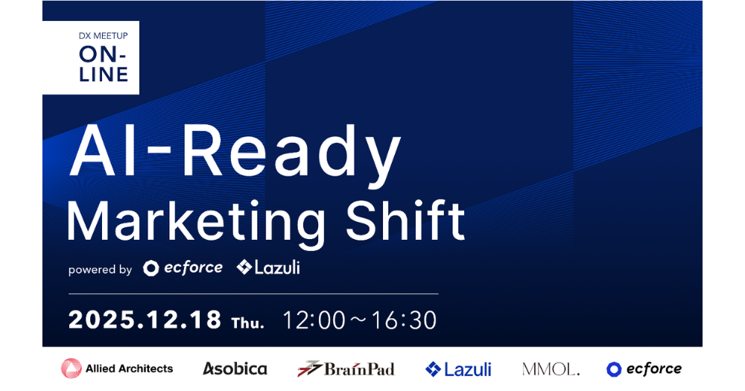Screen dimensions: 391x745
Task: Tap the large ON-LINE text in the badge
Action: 104,64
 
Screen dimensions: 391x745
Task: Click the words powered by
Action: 100,270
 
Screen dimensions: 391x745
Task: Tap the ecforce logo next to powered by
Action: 183,267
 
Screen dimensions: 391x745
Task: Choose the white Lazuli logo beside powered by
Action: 268,267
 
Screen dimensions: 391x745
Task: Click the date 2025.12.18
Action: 145,320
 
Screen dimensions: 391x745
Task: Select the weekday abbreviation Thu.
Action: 248,322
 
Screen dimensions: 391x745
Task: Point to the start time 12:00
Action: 314,320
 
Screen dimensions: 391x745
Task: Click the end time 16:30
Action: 405,320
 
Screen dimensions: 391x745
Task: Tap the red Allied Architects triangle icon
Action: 72,369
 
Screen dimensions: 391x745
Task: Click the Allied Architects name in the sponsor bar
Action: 129,369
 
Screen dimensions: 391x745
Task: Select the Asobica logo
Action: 235,369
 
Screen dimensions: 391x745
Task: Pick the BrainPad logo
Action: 346,369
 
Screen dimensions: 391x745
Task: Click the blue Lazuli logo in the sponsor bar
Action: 458,369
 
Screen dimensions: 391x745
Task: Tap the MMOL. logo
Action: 551,369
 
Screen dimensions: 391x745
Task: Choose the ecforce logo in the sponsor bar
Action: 644,369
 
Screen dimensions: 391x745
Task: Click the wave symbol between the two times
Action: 360,321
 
